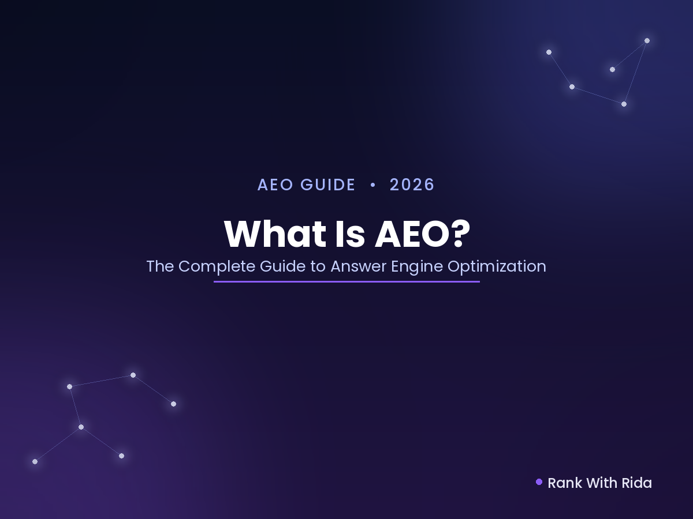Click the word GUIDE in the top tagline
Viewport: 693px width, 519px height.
pos(327,185)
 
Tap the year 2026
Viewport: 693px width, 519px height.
pos(412,185)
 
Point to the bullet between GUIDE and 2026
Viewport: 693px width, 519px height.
pos(373,185)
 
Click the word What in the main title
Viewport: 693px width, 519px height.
pos(275,234)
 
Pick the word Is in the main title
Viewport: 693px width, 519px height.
pos(350,234)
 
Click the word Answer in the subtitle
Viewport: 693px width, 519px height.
pos(359,266)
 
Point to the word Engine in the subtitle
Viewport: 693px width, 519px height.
pos(417,267)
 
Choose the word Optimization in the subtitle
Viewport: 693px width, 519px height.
pos(497,267)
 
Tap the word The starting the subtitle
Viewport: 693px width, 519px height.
pos(160,266)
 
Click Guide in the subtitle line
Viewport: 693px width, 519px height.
pos(282,266)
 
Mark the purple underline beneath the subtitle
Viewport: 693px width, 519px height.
pos(346,281)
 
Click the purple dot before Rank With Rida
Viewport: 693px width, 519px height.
pos(539,482)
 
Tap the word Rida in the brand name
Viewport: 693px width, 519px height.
pos(636,483)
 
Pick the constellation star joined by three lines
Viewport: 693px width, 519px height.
pos(81,427)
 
